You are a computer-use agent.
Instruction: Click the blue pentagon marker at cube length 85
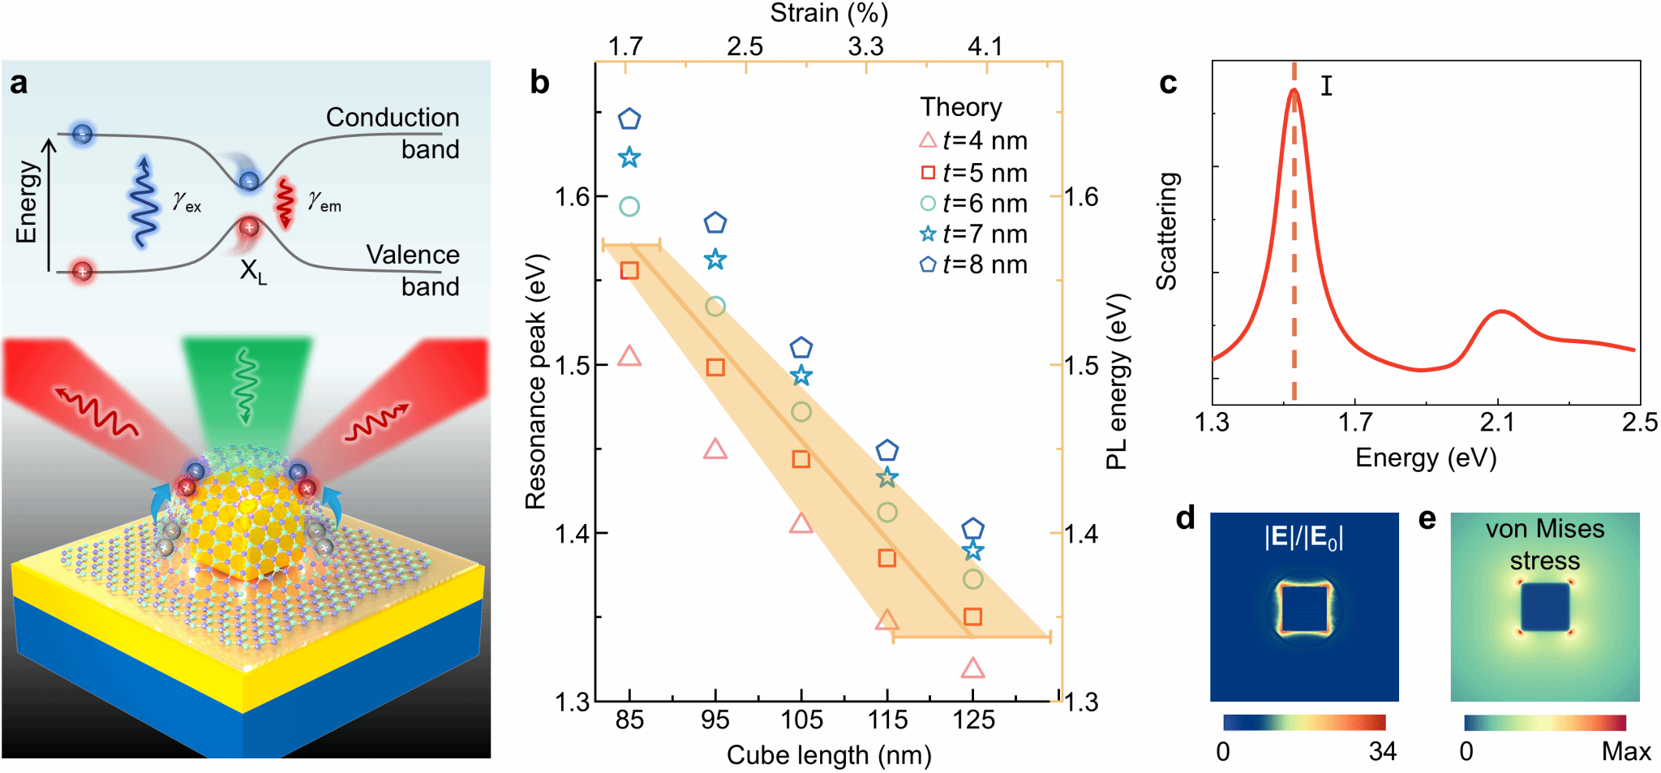coord(629,119)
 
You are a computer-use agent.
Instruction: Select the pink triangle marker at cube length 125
coord(972,669)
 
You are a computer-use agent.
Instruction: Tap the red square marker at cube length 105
coord(800,459)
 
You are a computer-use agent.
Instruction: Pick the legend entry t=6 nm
coord(974,204)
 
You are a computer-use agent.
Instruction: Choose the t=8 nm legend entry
coord(974,265)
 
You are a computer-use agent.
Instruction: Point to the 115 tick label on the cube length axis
coord(887,720)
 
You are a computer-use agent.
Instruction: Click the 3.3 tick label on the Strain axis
coord(865,46)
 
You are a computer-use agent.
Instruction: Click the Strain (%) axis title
coord(829,13)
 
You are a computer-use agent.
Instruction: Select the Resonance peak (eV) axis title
coord(536,381)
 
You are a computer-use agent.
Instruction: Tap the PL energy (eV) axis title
coord(1117,381)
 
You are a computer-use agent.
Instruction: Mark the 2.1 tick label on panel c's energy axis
coord(1497,423)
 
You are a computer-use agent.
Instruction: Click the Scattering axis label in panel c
coord(1166,231)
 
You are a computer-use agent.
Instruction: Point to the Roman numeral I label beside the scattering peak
coord(1326,85)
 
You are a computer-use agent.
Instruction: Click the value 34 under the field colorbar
coord(1382,752)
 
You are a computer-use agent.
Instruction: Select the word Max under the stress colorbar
coord(1625,752)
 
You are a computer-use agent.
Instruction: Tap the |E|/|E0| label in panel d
coord(1303,537)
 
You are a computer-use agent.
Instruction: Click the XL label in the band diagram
coord(252,271)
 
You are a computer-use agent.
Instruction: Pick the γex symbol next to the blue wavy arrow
coord(187,200)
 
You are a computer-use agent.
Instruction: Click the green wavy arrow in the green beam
coord(245,385)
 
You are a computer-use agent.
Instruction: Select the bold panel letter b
coord(539,83)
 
